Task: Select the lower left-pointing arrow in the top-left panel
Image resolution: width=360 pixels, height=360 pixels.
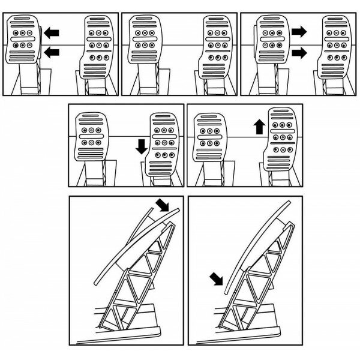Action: pos(52,53)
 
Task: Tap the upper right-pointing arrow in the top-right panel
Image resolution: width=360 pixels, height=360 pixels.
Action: pos(299,29)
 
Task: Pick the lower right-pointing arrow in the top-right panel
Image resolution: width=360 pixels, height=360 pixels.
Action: pos(299,53)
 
